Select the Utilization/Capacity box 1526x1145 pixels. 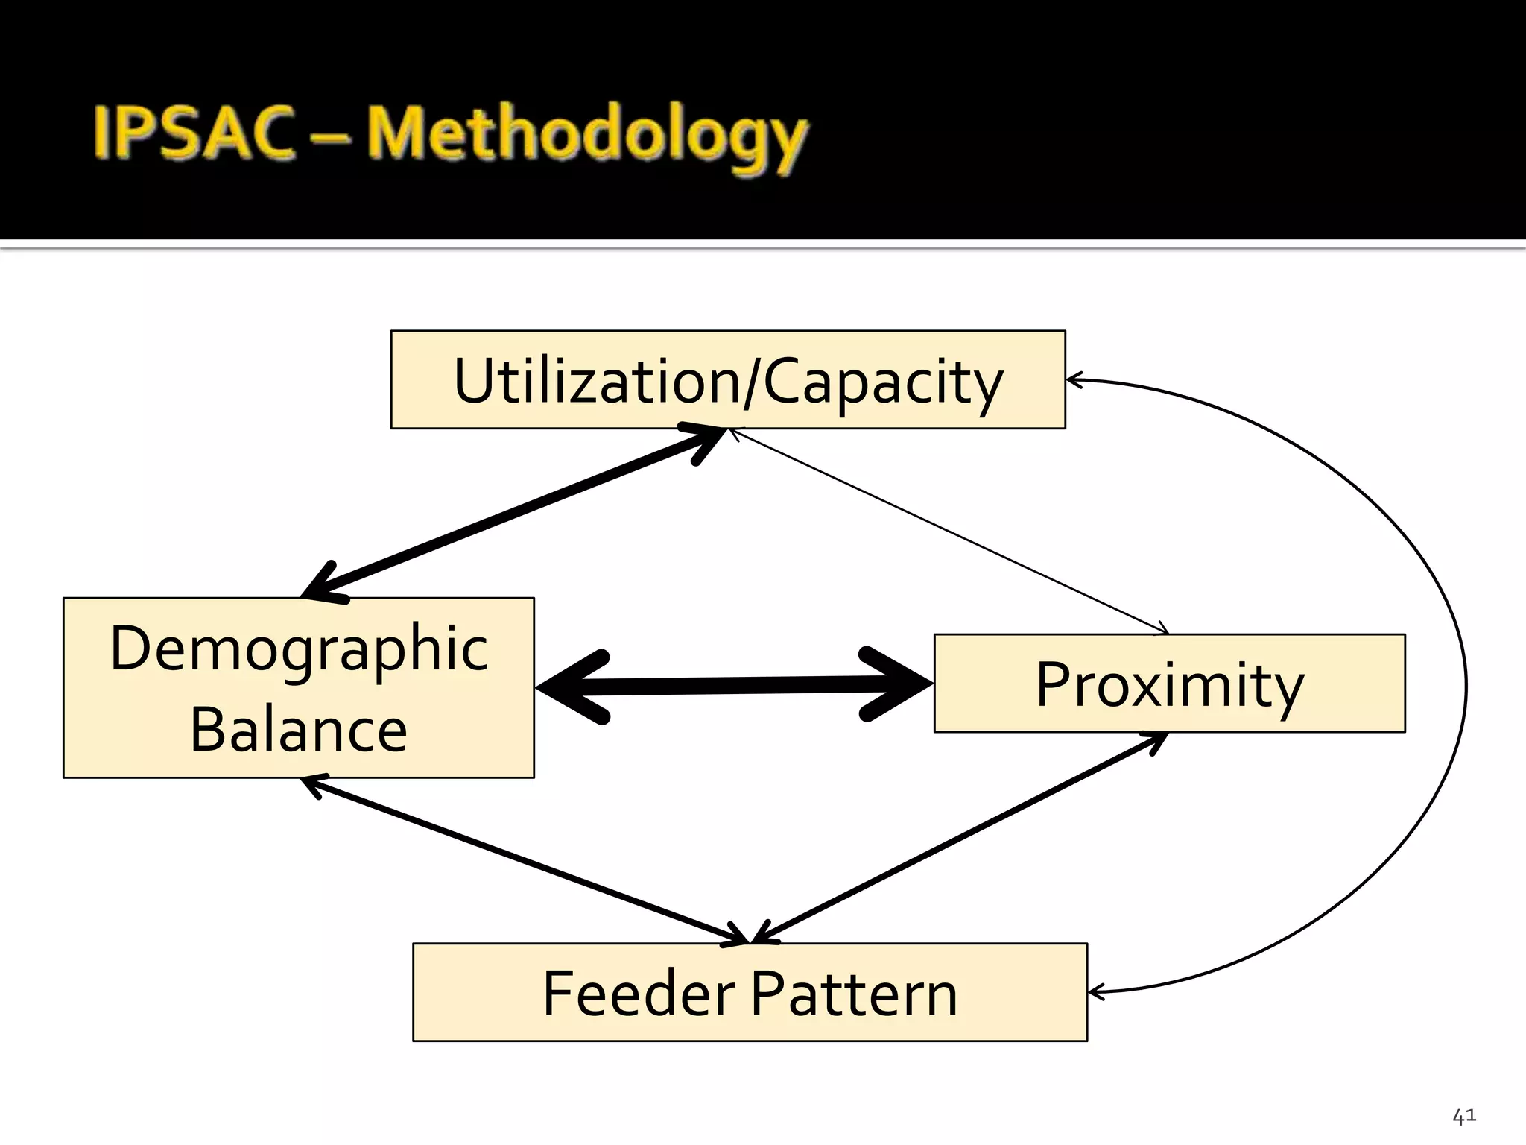pos(727,380)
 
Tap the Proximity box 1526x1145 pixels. pos(1168,684)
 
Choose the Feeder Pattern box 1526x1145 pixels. pos(750,993)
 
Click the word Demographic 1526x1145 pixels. pos(299,649)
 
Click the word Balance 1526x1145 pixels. pos(299,729)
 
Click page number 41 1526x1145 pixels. pos(1463,1117)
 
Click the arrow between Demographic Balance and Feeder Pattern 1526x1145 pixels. pos(522,859)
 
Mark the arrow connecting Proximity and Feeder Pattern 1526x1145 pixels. pos(961,838)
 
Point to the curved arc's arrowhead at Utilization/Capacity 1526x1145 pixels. pos(1074,380)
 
